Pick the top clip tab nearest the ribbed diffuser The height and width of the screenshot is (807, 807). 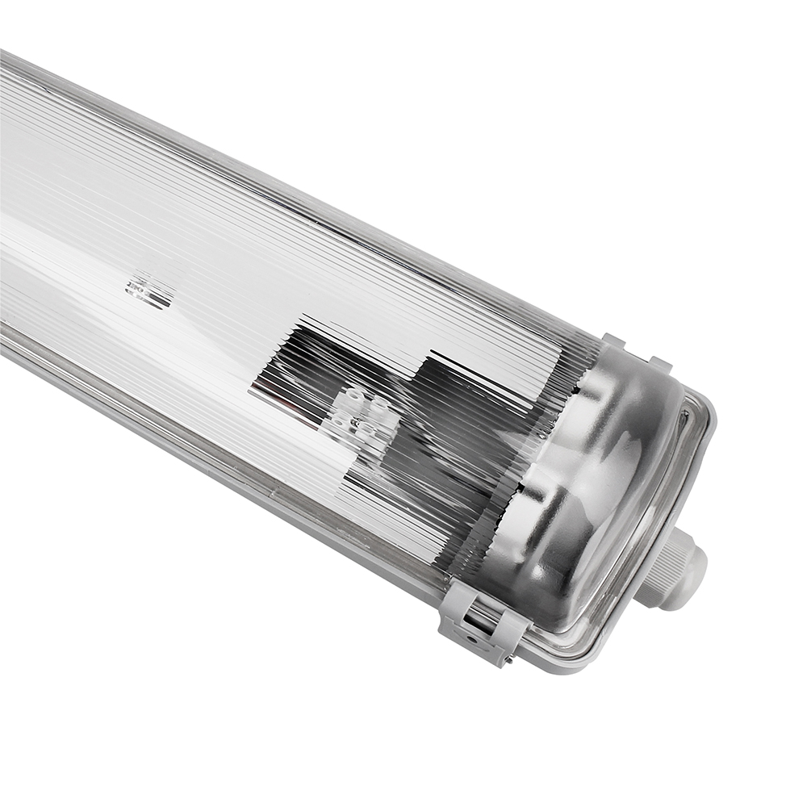(613, 341)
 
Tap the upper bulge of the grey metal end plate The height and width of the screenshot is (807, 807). (621, 420)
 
